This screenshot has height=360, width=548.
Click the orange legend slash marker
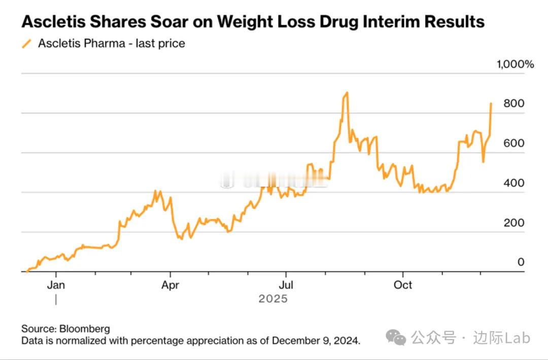(26, 44)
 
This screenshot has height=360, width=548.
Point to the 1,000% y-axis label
(515, 64)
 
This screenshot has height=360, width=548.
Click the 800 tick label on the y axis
(513, 103)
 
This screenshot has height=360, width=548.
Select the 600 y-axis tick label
(513, 143)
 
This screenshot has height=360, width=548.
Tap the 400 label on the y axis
(513, 183)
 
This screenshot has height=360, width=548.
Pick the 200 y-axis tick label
(513, 223)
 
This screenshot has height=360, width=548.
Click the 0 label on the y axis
(521, 262)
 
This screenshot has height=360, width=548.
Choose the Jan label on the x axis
(56, 285)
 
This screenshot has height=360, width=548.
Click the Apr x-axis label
(170, 285)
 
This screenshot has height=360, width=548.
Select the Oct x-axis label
(403, 285)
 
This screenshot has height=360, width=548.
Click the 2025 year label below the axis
(273, 299)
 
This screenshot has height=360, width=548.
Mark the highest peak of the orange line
(347, 93)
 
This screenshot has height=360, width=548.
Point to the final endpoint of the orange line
(491, 103)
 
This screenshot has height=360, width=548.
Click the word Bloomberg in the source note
(85, 329)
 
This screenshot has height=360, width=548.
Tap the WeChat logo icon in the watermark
(395, 337)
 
